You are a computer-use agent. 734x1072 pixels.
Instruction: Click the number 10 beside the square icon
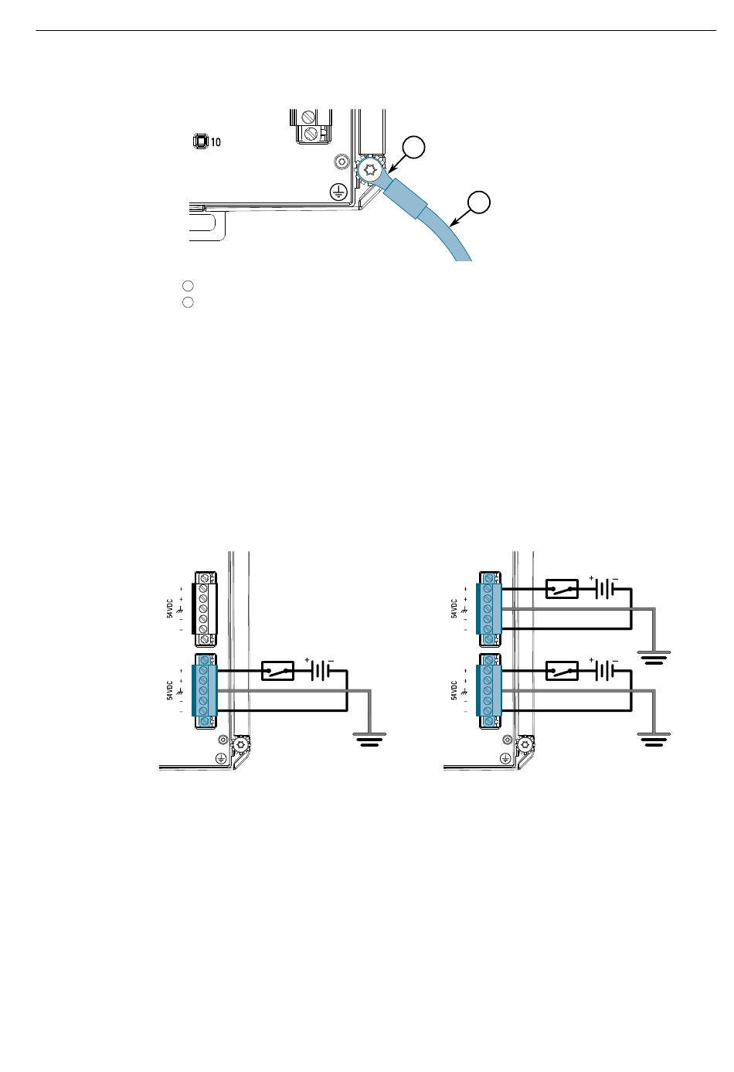216,142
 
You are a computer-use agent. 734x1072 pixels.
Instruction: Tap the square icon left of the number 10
200,141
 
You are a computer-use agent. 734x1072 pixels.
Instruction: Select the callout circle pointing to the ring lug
413,147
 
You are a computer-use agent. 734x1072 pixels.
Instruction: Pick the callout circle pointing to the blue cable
478,202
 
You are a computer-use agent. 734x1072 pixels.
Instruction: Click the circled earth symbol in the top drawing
338,192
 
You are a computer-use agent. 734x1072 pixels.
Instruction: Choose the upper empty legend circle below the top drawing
188,286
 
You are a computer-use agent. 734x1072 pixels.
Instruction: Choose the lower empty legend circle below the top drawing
188,302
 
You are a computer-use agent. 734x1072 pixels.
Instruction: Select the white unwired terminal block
205,609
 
